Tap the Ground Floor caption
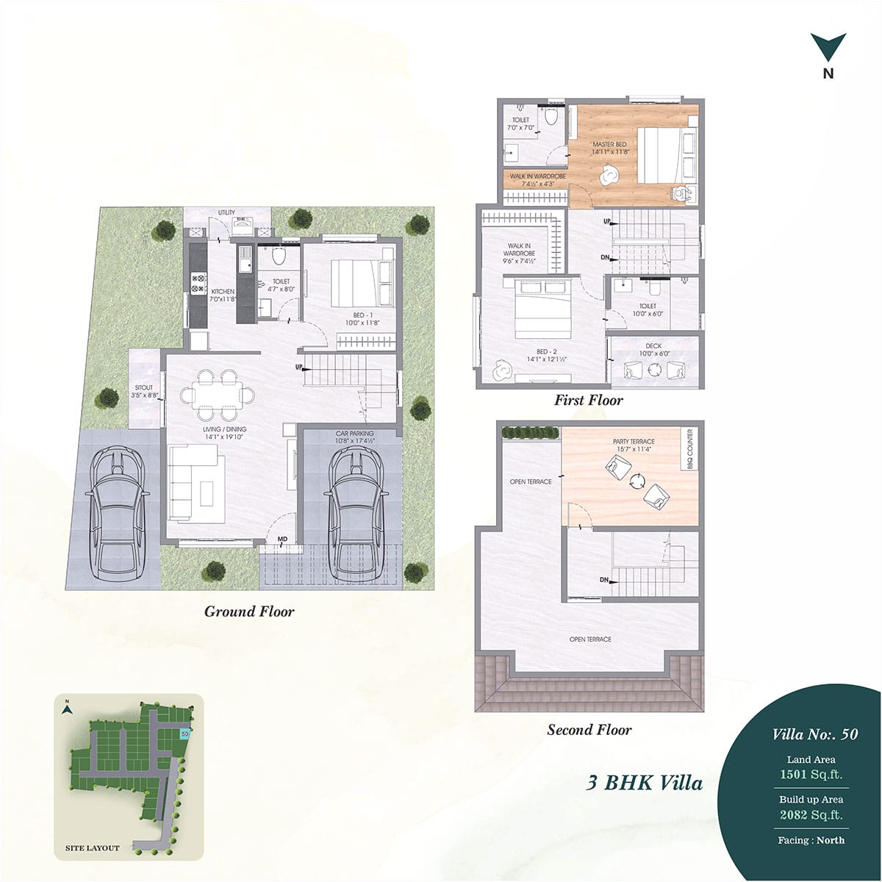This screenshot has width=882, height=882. [x=249, y=612]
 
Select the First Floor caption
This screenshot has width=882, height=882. [x=589, y=401]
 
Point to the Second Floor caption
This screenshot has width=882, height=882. [x=589, y=730]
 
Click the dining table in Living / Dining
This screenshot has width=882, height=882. [x=218, y=395]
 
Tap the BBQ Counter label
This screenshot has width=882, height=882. [x=690, y=450]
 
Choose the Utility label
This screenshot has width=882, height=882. [x=226, y=213]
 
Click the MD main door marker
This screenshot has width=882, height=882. [x=282, y=539]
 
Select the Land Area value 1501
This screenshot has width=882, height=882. [x=795, y=775]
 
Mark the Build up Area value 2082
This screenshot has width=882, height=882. [x=795, y=814]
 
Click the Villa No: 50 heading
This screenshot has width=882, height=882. [x=814, y=734]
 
